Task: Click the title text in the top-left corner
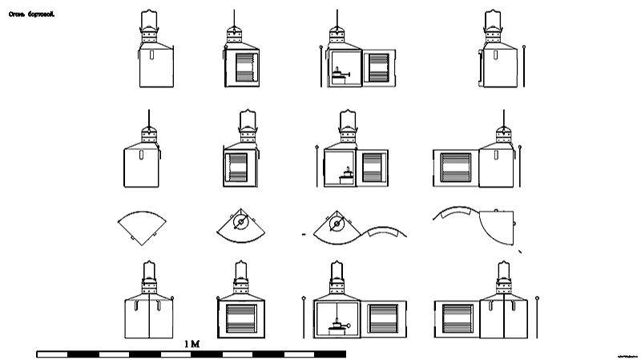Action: (30, 14)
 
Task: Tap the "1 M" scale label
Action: (191, 343)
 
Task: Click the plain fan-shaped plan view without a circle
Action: (143, 227)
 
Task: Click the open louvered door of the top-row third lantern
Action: (378, 68)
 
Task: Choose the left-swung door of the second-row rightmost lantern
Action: (456, 168)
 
